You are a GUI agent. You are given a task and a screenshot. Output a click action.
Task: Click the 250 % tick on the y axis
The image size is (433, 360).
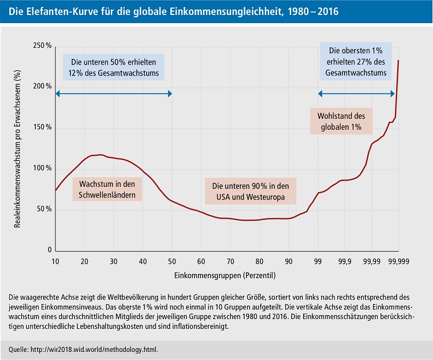(42, 46)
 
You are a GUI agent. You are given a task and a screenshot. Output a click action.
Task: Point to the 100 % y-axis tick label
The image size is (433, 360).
(42, 168)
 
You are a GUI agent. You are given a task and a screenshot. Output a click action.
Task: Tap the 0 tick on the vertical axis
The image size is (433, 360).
(50, 250)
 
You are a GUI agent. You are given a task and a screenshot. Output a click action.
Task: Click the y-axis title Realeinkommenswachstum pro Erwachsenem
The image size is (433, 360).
(17, 149)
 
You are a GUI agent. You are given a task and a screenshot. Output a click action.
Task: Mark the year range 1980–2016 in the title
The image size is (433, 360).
(310, 11)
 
